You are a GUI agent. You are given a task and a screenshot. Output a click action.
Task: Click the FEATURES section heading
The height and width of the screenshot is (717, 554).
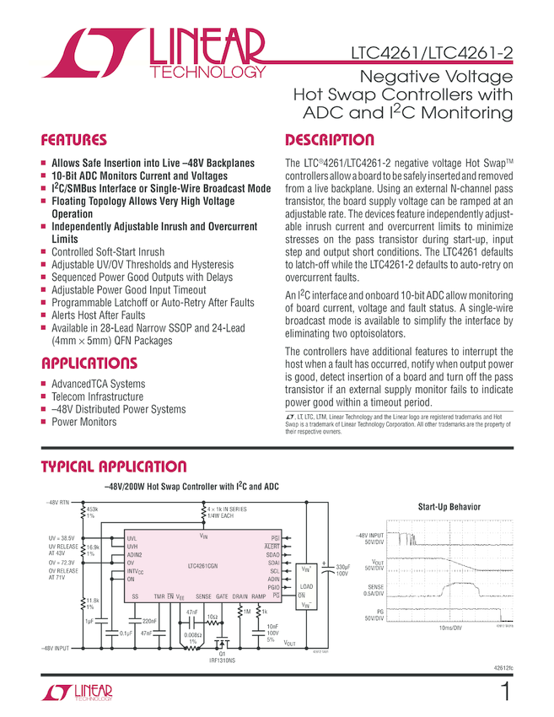coord(74,140)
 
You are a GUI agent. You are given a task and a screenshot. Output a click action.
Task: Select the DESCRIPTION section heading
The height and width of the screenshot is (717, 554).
coord(330,140)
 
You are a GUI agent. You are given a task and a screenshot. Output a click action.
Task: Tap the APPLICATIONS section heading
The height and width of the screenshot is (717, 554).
coord(89,364)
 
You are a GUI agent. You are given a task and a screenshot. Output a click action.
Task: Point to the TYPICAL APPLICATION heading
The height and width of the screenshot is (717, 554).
coord(114,466)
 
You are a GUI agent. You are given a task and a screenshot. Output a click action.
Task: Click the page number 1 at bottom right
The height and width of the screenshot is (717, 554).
coord(504,693)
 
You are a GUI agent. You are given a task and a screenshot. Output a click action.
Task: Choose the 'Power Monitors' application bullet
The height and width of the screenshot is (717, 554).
coord(84,422)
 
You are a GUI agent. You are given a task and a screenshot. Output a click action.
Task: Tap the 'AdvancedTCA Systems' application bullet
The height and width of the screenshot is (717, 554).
coord(98,384)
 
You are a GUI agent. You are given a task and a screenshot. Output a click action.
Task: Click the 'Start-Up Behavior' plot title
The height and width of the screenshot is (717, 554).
coord(449,507)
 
